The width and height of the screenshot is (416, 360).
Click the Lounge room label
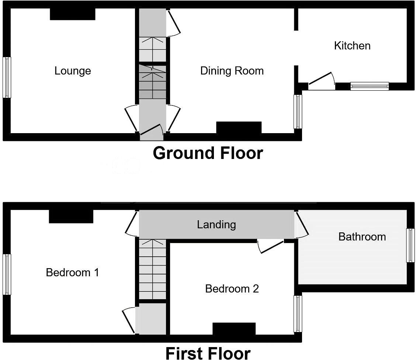coord(73,71)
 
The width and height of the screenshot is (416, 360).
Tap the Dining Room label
coord(232,71)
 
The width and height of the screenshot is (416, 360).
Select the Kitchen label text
coord(352,46)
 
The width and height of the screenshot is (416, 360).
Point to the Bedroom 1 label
coord(72,273)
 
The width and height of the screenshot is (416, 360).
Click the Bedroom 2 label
coord(232,288)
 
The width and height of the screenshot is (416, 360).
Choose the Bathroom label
coord(362,236)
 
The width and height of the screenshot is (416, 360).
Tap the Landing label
coord(216,224)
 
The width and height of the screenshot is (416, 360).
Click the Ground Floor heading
coord(208,153)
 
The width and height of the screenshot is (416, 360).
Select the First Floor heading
coord(208,353)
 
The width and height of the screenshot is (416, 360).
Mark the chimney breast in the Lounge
coord(73,14)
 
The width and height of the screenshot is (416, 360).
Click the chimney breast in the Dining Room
coord(239,128)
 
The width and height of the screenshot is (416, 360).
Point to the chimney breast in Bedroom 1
coord(71,216)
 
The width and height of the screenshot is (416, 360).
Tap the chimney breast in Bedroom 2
coord(234,329)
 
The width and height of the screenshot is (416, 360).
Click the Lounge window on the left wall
coord(7,77)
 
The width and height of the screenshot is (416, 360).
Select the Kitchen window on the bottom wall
coord(369,86)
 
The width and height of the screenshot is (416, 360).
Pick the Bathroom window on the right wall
coord(410,245)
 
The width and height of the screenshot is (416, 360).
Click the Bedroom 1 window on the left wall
coord(7,274)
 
